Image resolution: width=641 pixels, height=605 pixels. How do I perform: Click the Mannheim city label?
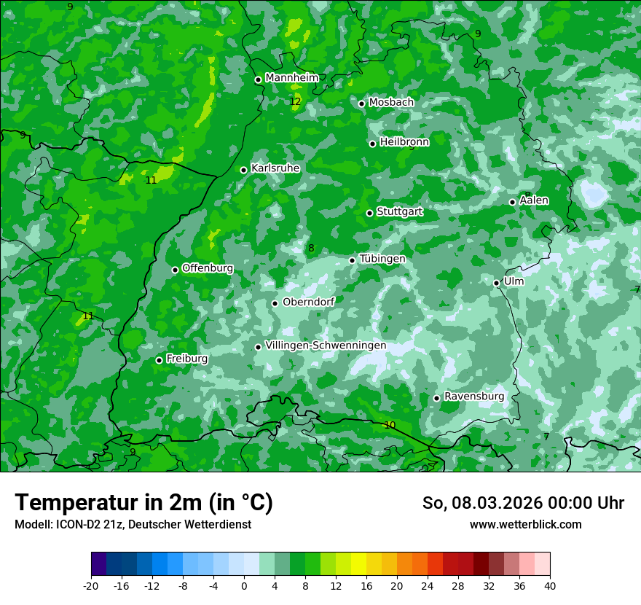pyautogui.click(x=291, y=77)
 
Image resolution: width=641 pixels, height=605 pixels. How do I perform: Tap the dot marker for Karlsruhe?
pyautogui.click(x=244, y=170)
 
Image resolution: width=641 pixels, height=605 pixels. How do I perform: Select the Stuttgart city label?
pyautogui.click(x=399, y=211)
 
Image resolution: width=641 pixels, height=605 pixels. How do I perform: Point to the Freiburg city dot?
pyautogui.click(x=159, y=360)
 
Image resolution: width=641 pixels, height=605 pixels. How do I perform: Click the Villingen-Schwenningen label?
pyautogui.click(x=326, y=346)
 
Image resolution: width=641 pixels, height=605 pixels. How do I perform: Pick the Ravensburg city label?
pyautogui.click(x=474, y=396)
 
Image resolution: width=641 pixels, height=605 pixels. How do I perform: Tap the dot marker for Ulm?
pyautogui.click(x=496, y=283)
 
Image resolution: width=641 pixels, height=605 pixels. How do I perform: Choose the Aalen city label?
pyautogui.click(x=534, y=200)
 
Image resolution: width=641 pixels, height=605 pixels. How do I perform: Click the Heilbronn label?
pyautogui.click(x=404, y=141)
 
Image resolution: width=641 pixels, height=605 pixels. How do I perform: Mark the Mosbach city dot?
pyautogui.click(x=361, y=104)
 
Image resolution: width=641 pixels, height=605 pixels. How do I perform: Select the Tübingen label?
pyautogui.click(x=382, y=259)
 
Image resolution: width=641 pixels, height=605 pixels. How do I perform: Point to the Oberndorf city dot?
pyautogui.click(x=275, y=303)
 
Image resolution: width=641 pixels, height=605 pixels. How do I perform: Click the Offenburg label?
pyautogui.click(x=208, y=268)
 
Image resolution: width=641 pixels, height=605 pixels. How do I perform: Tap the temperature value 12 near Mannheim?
pyautogui.click(x=295, y=101)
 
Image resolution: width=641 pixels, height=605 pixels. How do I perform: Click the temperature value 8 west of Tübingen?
pyautogui.click(x=311, y=249)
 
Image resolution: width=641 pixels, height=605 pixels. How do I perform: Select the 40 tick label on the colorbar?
pyautogui.click(x=549, y=585)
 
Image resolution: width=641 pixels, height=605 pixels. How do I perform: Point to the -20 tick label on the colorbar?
pyautogui.click(x=91, y=585)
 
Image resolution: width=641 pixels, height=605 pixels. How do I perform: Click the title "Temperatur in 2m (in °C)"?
pyautogui.click(x=143, y=503)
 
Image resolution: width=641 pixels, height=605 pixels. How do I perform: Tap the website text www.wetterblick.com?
pyautogui.click(x=525, y=524)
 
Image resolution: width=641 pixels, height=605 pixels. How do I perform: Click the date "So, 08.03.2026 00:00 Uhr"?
pyautogui.click(x=523, y=503)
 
